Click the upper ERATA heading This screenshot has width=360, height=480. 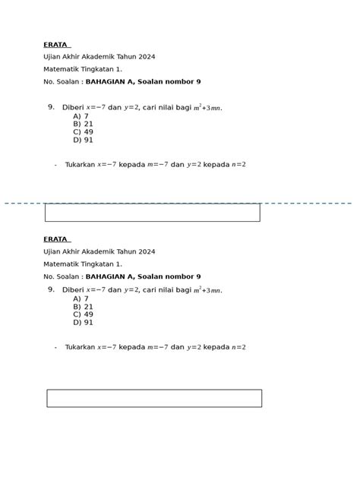[x=55, y=45]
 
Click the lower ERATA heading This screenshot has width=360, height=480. [x=55, y=239]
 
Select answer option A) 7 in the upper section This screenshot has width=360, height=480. [x=81, y=116]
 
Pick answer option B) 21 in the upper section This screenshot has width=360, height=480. [x=84, y=124]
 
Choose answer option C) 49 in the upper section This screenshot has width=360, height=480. [x=84, y=132]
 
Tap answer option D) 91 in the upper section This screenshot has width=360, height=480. [x=84, y=140]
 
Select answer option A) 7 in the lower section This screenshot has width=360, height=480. [x=81, y=298]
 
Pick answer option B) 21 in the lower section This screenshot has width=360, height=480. [x=84, y=307]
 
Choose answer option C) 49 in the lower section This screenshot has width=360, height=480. [x=84, y=314]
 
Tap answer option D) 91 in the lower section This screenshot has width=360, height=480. [x=84, y=322]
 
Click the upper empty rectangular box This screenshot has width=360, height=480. [x=152, y=213]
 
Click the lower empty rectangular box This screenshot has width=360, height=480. [x=154, y=398]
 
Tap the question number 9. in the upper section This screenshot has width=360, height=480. [x=51, y=108]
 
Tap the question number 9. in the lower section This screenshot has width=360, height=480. [x=51, y=289]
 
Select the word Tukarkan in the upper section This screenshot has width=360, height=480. [x=80, y=165]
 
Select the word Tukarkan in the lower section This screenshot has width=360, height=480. [x=80, y=347]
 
